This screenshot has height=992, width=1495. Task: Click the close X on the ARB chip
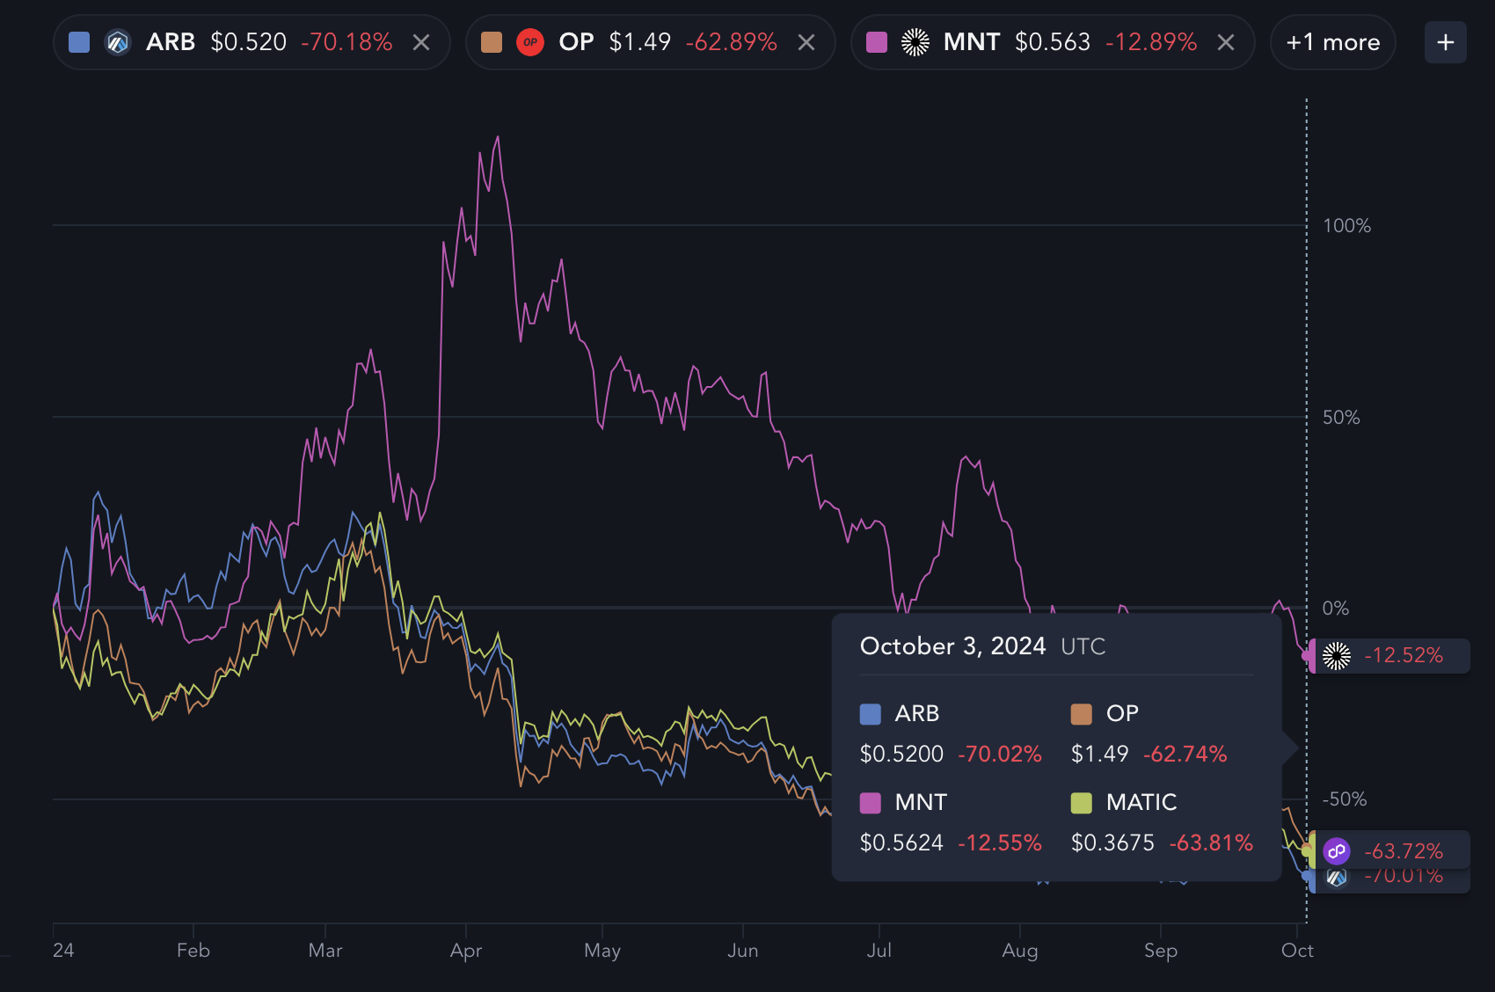click(421, 42)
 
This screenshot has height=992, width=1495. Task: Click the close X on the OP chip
click(806, 42)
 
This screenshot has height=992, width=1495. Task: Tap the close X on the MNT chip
click(1226, 42)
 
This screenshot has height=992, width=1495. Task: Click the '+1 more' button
click(1332, 42)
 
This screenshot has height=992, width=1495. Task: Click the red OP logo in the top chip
click(530, 42)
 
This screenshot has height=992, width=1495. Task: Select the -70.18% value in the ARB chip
click(346, 42)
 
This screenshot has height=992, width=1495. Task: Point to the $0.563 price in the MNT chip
click(1052, 42)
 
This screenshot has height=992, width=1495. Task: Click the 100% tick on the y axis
click(1346, 226)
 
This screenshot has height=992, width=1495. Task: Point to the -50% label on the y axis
click(1345, 799)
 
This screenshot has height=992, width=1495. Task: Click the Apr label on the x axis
click(466, 951)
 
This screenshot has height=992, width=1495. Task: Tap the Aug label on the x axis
click(1020, 951)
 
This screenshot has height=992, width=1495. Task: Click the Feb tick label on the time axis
click(193, 951)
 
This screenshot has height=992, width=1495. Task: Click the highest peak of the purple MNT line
click(498, 137)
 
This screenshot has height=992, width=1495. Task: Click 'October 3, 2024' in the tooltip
click(952, 646)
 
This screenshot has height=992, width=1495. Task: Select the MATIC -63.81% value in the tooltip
click(1211, 842)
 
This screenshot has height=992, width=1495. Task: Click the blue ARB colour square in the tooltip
click(871, 714)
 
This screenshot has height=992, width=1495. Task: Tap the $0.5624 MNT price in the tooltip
click(901, 842)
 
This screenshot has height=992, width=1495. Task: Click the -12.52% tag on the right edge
click(1403, 655)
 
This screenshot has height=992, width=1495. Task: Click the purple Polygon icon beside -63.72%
click(1337, 850)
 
